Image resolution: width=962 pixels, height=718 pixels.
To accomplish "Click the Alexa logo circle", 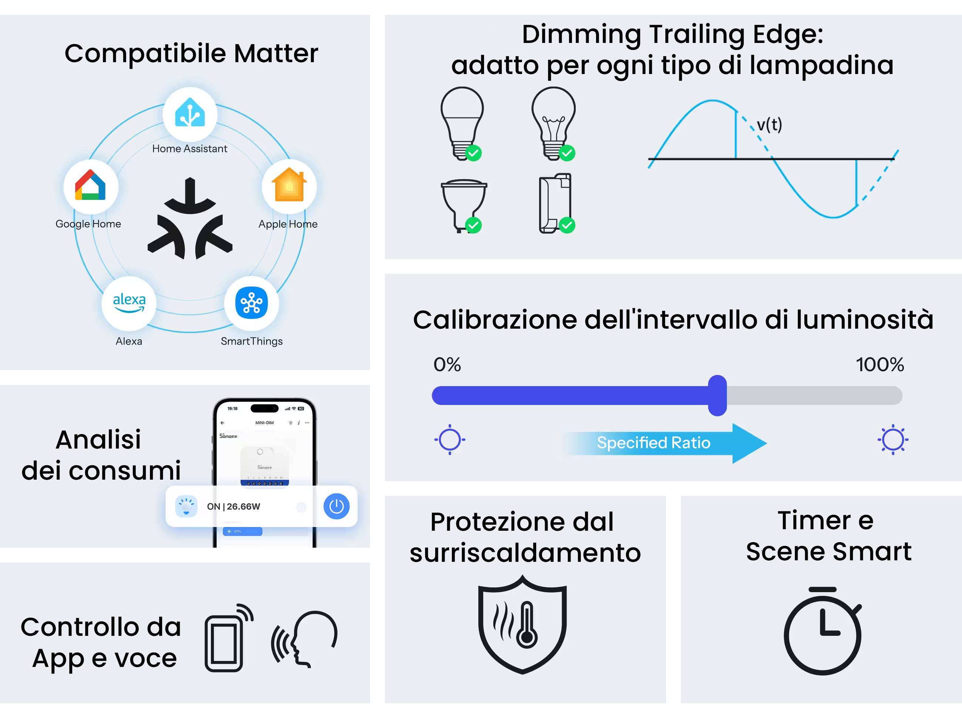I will tap(129, 303).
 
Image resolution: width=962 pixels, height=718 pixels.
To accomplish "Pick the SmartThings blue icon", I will tap(251, 303).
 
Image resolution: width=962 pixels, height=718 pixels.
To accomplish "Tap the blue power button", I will tap(336, 506).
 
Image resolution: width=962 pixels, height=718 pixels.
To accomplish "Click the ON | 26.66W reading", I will tap(233, 506).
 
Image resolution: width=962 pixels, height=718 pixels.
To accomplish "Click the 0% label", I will tap(447, 364).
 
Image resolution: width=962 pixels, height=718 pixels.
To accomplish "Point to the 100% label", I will tap(879, 364).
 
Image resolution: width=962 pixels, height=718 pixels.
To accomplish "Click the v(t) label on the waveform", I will tap(769, 125).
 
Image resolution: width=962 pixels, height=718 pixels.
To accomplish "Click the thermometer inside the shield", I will tap(527, 624).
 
